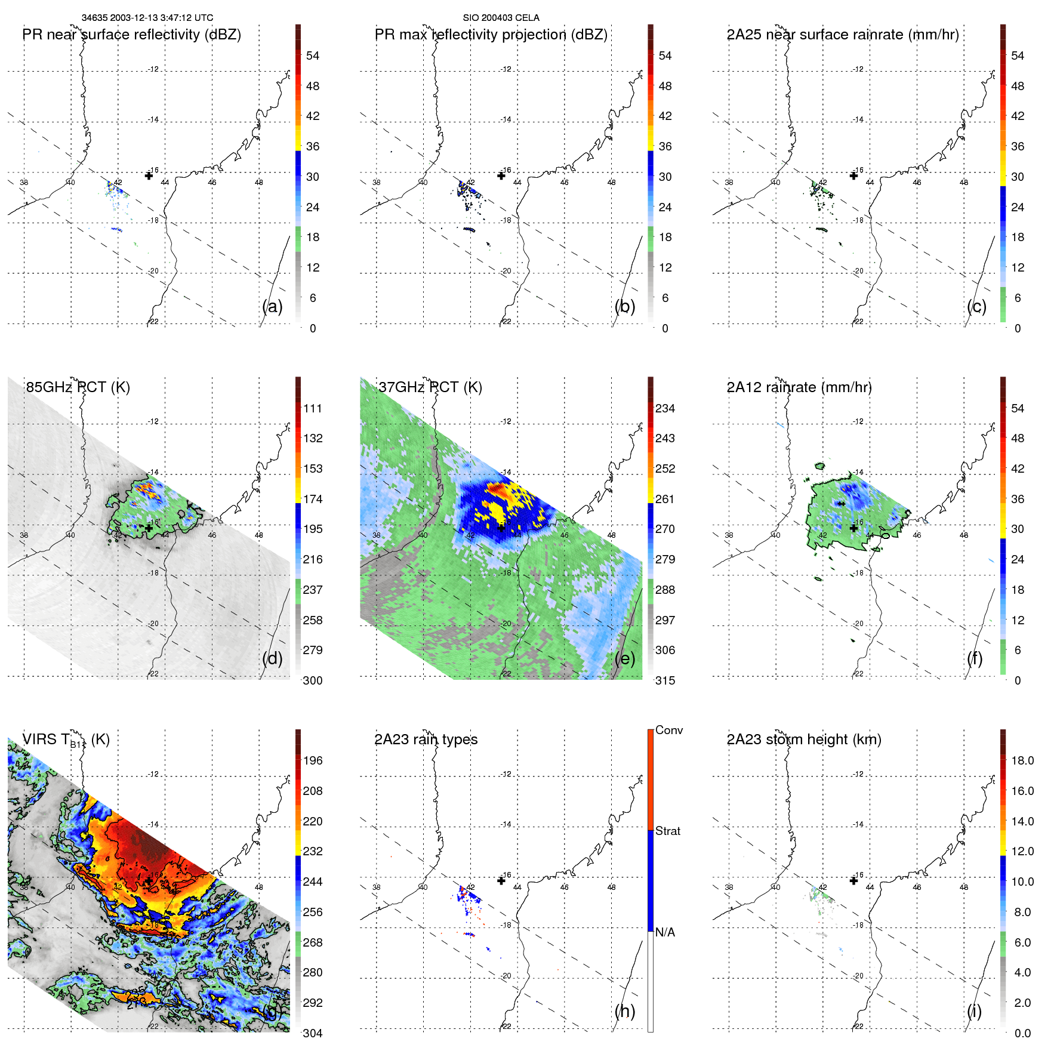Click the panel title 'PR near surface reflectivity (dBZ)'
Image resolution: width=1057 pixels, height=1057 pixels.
131,35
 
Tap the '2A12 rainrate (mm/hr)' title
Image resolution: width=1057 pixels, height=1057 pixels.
799,387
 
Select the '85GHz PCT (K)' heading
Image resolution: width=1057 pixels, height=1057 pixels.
78,387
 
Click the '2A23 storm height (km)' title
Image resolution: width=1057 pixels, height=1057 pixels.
803,739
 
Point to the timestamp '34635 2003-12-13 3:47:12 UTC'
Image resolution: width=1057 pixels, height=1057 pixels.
147,18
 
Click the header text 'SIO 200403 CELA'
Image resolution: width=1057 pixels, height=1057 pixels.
501,18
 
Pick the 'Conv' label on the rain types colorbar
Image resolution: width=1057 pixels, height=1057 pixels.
668,731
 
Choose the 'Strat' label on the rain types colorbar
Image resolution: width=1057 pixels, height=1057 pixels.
667,831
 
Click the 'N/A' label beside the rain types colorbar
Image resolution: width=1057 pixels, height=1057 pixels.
665,932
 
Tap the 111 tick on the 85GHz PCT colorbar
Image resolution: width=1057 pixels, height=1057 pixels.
312,409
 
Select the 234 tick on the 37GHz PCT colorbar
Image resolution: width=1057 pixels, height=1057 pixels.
665,409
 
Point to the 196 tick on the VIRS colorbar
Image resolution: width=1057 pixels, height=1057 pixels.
312,761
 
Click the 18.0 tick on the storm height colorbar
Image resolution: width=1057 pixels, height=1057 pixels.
1022,761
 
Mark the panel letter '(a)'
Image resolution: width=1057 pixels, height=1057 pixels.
272,307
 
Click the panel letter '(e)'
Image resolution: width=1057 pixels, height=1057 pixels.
624,659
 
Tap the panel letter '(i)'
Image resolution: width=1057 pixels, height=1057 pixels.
974,1011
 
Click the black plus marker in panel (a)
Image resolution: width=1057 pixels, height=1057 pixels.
149,175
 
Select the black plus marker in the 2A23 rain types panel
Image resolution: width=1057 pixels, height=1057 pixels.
501,881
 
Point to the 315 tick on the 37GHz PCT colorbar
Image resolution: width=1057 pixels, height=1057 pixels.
665,681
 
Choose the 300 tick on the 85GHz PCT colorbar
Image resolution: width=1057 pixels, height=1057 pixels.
312,681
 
